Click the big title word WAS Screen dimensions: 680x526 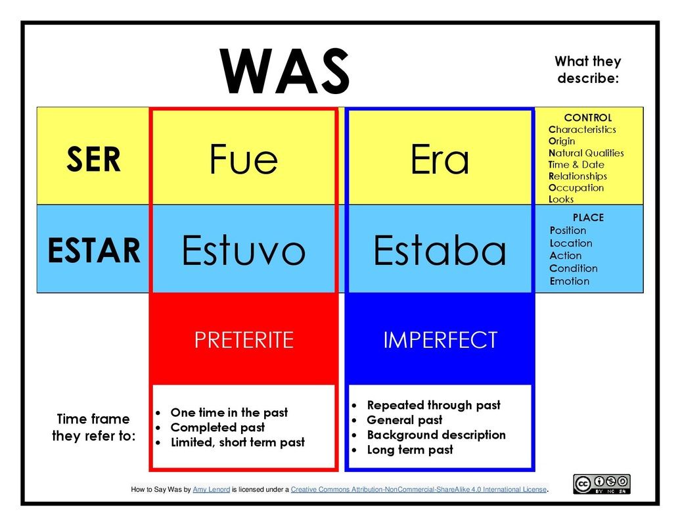coord(284,72)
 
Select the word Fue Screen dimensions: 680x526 coord(243,159)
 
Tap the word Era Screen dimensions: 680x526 coord(440,159)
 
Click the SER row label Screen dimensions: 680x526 coord(93,159)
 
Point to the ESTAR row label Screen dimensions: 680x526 coord(94,251)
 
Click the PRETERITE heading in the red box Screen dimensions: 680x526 coord(244,340)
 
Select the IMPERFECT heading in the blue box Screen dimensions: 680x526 coord(440,340)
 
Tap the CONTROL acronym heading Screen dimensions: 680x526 coord(587,118)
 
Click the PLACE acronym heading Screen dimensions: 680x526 coord(588,218)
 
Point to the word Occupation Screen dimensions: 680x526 coord(576,188)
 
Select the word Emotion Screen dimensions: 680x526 coord(570,281)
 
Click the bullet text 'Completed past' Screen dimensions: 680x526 coord(217,427)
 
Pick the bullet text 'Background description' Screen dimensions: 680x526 coord(436,435)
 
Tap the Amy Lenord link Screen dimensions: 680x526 coord(211,490)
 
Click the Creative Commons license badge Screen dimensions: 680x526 coord(602,484)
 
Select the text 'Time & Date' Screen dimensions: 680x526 coord(576,164)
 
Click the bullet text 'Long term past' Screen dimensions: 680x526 coord(410,450)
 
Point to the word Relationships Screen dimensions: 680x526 coord(578,176)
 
